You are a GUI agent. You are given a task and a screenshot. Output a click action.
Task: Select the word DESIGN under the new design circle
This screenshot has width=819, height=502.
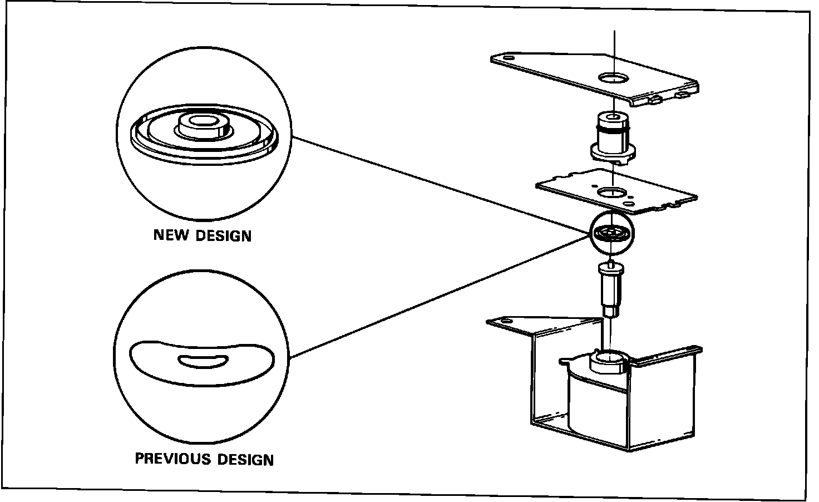pos(224,235)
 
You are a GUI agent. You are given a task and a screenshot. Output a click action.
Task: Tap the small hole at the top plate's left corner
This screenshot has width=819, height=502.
pos(508,57)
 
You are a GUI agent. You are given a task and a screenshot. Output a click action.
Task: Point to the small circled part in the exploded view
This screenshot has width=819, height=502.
pos(611,233)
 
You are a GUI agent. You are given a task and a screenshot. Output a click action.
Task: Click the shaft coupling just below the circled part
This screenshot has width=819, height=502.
pos(610,289)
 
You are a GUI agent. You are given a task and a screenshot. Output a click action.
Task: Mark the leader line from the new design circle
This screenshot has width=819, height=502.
pos(440,184)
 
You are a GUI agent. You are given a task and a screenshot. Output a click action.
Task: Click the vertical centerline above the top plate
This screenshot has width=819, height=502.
pos(614,45)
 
